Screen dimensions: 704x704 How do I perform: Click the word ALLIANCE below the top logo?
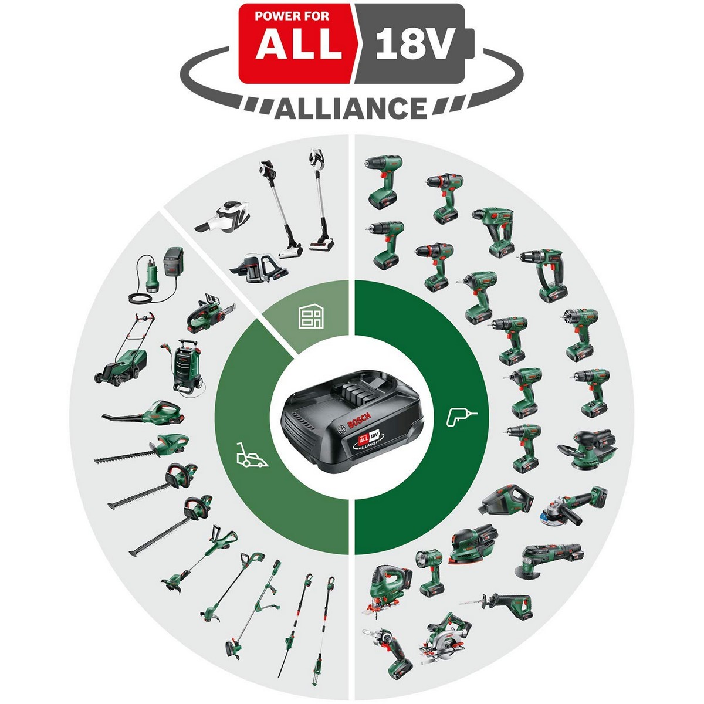351,109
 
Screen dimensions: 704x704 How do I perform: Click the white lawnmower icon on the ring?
251,456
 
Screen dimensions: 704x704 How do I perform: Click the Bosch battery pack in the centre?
350,421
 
